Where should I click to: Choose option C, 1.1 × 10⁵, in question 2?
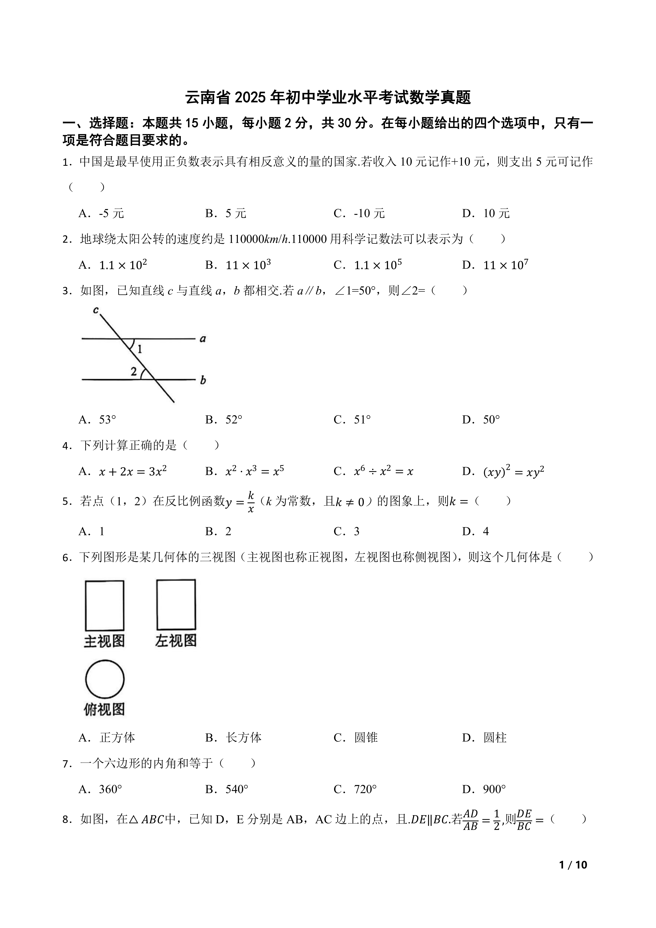(368, 265)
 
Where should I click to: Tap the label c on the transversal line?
(96, 310)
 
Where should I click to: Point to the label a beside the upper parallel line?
(203, 339)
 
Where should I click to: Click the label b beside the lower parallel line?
(203, 380)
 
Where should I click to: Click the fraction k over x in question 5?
(251, 502)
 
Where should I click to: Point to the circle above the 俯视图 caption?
(105, 679)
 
